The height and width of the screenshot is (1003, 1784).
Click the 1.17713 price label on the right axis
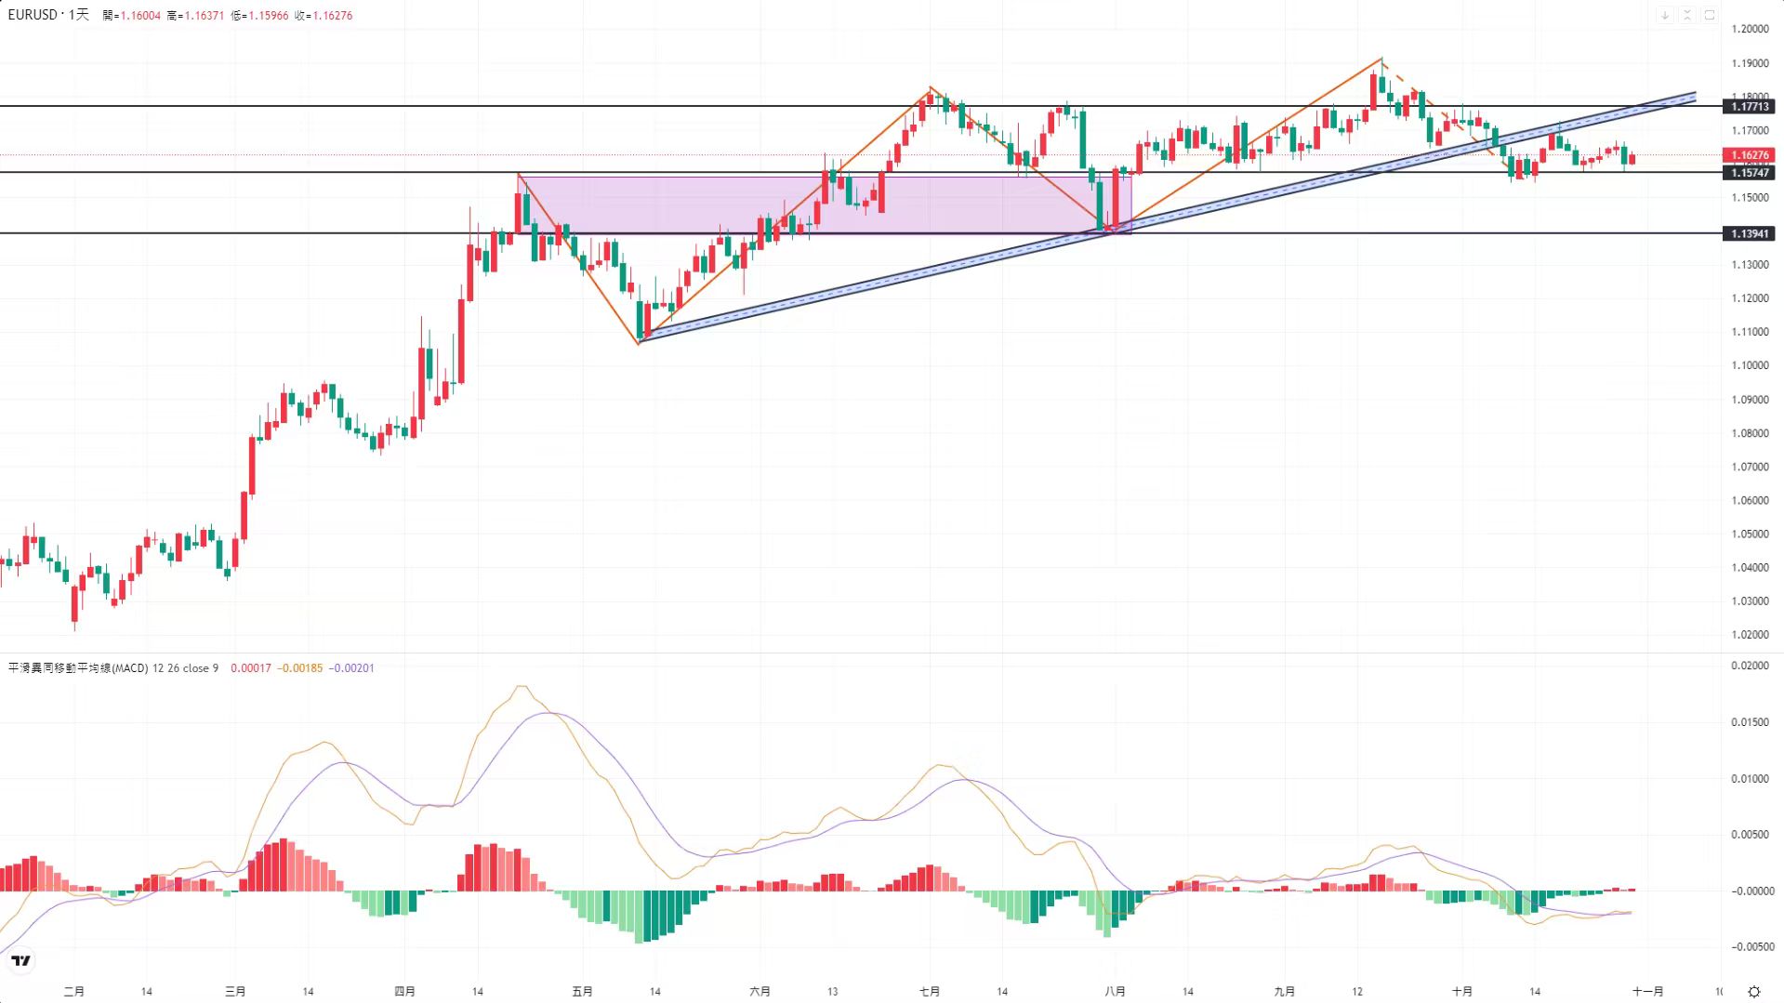(1749, 107)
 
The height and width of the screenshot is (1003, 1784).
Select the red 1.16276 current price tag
(1749, 155)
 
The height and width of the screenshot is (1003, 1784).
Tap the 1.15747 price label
(1749, 173)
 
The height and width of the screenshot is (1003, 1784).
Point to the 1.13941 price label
(1749, 234)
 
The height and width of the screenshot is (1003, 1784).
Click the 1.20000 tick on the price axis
(1749, 30)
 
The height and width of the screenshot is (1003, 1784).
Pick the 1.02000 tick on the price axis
(1749, 635)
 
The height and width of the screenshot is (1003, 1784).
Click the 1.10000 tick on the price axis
(1749, 365)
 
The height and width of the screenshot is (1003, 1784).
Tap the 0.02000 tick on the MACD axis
(1749, 666)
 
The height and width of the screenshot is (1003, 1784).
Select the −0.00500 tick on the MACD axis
(1751, 947)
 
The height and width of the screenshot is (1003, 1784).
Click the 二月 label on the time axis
(74, 992)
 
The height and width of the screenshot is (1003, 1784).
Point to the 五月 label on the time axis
(582, 992)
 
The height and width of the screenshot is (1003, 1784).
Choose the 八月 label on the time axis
(1115, 992)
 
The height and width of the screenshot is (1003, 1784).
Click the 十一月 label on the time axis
(1647, 992)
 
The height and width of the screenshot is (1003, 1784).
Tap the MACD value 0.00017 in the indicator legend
(251, 668)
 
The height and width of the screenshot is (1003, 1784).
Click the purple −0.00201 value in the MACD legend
(351, 668)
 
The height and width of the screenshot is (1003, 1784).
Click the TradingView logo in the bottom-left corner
(20, 961)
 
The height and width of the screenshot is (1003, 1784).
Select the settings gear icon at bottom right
(1754, 992)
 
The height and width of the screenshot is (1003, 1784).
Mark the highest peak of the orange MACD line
(522, 687)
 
